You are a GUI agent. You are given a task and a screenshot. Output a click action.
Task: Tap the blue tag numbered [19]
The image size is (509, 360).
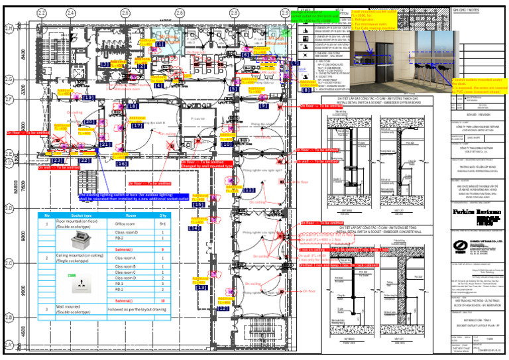pos(89,97)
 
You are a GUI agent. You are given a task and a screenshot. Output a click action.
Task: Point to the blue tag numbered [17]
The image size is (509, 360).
pos(137,125)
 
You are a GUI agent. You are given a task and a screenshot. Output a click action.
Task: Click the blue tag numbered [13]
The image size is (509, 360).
pos(201,288)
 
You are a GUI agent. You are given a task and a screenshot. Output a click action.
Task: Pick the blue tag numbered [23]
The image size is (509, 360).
pos(58,160)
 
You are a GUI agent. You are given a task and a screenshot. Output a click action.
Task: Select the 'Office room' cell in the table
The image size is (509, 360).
pos(126,225)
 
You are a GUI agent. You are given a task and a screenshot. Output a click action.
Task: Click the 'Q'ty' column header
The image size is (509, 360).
pos(163,215)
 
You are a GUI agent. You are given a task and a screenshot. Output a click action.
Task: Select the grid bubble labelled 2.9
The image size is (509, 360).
pos(285,13)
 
